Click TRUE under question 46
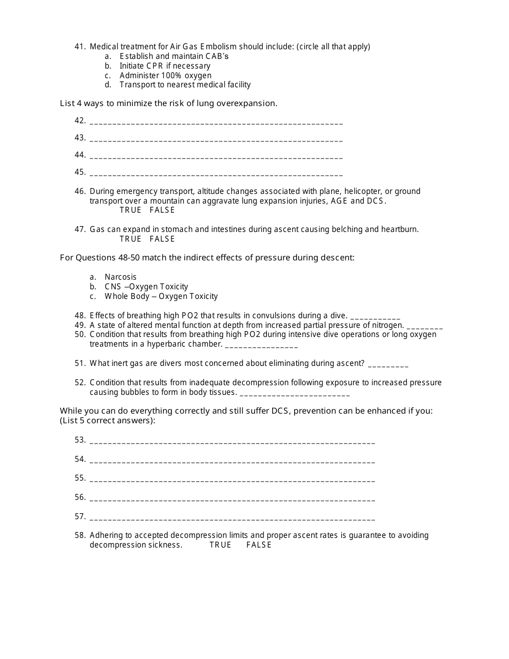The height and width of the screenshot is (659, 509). [130, 210]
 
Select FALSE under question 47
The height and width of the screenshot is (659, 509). [162, 239]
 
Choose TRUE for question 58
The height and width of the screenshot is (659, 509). [220, 545]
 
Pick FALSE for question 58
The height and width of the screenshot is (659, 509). [259, 545]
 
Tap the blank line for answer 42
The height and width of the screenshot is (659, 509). [216, 123]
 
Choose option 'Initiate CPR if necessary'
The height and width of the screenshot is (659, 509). [164, 66]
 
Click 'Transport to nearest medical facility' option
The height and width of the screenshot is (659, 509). [185, 85]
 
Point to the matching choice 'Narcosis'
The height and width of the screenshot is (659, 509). [121, 277]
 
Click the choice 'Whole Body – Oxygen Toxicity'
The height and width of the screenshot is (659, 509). [161, 296]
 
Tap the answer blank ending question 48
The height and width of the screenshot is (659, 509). [375, 317]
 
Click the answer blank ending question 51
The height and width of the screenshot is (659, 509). [388, 365]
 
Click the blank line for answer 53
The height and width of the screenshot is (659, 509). [232, 442]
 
